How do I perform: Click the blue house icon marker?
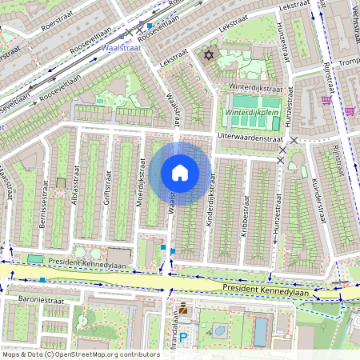coord(180,172)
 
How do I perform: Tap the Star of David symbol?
coord(210,56)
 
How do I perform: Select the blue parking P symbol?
coord(183,338)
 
